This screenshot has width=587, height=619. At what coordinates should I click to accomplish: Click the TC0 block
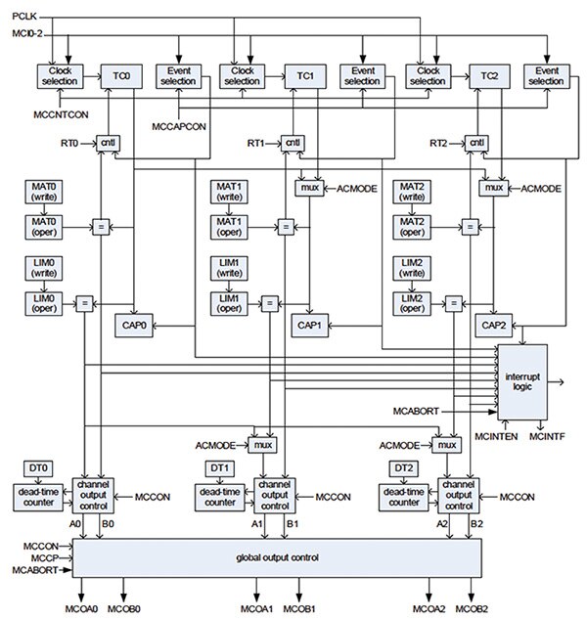[x=121, y=76]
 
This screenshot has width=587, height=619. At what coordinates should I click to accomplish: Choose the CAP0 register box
[x=133, y=325]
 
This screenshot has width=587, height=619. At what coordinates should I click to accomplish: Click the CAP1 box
[x=310, y=325]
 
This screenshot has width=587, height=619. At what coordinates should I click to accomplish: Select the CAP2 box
[x=492, y=325]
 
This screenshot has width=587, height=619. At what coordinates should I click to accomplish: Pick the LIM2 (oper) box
[x=411, y=302]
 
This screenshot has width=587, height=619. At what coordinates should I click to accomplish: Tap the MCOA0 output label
[x=82, y=608]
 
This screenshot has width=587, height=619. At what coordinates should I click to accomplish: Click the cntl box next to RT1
[x=293, y=144]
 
